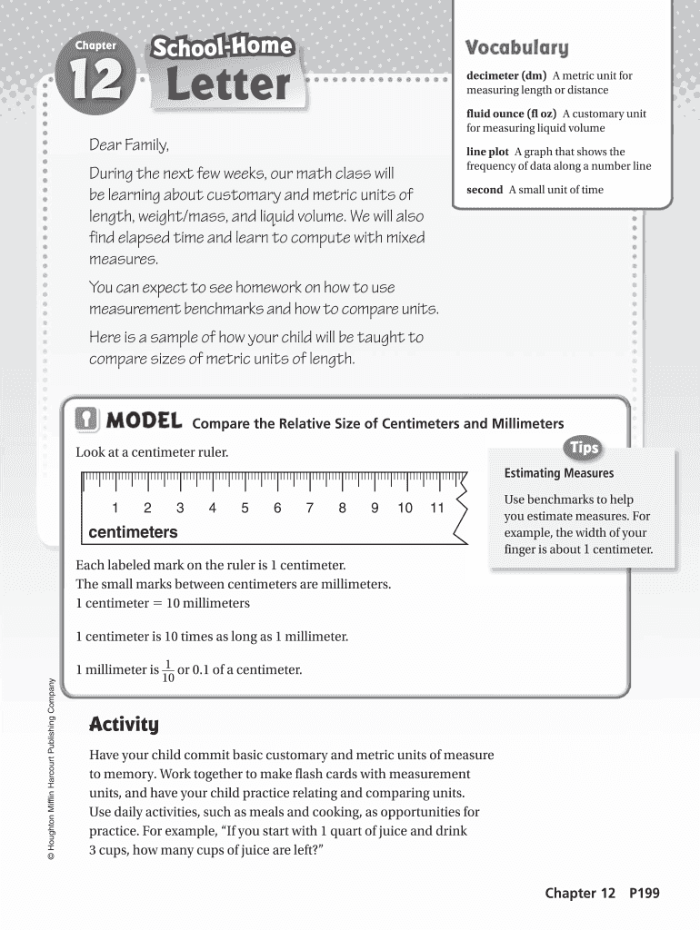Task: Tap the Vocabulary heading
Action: (515, 47)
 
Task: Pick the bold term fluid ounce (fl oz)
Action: (512, 114)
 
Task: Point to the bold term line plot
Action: (487, 152)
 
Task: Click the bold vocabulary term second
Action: (485, 190)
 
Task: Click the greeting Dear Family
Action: (128, 145)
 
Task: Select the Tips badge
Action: (584, 448)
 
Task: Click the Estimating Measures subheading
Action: (558, 473)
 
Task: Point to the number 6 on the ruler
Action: (277, 509)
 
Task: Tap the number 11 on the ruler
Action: (436, 509)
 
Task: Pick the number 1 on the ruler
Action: (115, 509)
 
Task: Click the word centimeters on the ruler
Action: (133, 532)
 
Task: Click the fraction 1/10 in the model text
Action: (168, 670)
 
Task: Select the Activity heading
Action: (124, 725)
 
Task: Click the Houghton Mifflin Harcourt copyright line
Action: (54, 771)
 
